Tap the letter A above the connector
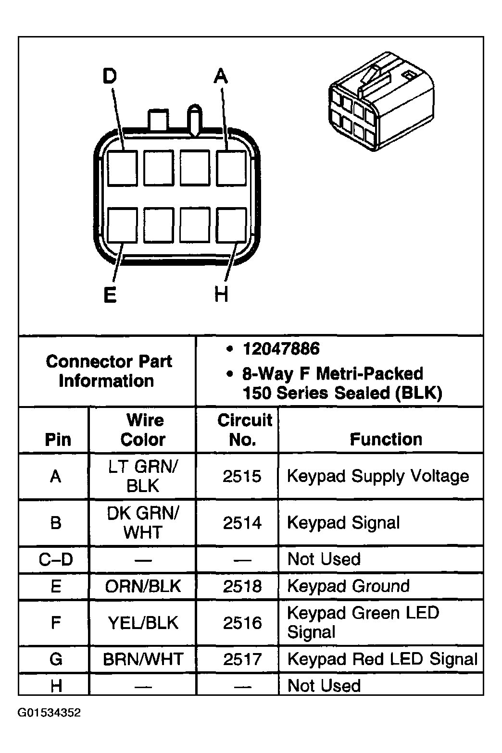pyautogui.click(x=220, y=76)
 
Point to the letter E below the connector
pyautogui.click(x=110, y=294)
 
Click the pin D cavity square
pyautogui.click(x=122, y=168)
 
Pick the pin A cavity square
pyautogui.click(x=231, y=168)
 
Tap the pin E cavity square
pyautogui.click(x=122, y=225)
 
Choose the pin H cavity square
pyautogui.click(x=231, y=225)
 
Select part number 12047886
pyautogui.click(x=281, y=349)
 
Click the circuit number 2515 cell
pyautogui.click(x=242, y=476)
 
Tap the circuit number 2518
pyautogui.click(x=242, y=586)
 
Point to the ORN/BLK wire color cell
pyautogui.click(x=143, y=586)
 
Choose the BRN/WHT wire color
pyautogui.click(x=143, y=659)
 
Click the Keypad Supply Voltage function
pyautogui.click(x=378, y=476)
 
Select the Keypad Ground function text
pyautogui.click(x=348, y=586)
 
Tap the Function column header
pyautogui.click(x=386, y=439)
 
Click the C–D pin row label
pyautogui.click(x=56, y=559)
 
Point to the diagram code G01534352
pyautogui.click(x=50, y=713)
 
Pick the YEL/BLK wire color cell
pyautogui.click(x=143, y=623)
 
